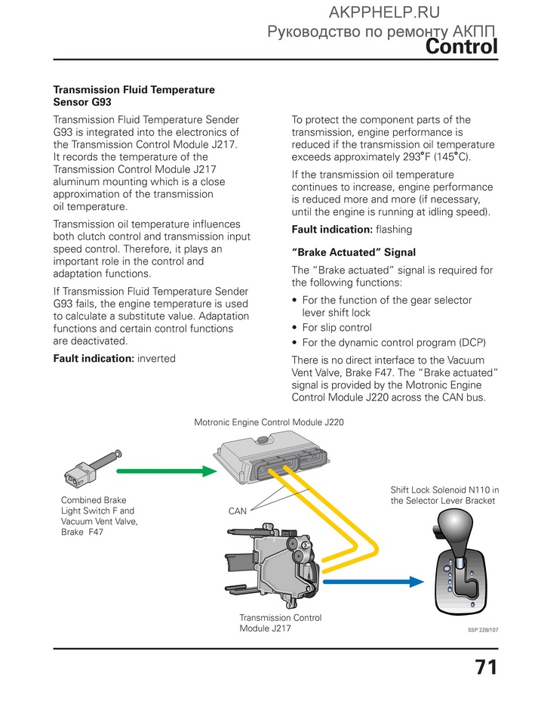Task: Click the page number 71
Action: pos(485,668)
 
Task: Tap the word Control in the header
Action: pos(461,47)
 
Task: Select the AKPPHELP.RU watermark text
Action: pos(384,11)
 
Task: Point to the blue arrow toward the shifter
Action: pos(373,581)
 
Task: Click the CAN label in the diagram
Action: pos(238,511)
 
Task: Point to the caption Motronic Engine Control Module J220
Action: pos(269,423)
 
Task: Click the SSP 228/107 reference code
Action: pos(483,628)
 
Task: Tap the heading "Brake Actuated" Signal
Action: pos(353,252)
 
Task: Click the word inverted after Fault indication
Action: pos(155,359)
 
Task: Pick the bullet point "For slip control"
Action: pos(337,327)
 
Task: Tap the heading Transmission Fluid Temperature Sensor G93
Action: pos(134,95)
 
